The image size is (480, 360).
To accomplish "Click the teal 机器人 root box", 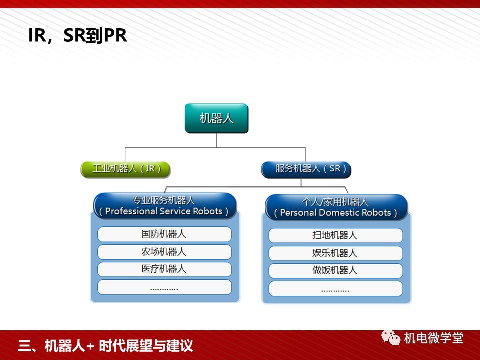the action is click(x=216, y=118).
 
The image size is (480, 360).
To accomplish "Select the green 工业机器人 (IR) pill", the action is click(x=126, y=169).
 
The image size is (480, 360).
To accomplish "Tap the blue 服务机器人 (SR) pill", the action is click(x=306, y=170).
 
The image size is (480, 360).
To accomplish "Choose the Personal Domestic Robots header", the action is click(x=336, y=207).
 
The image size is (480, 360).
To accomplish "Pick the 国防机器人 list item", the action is click(x=164, y=234).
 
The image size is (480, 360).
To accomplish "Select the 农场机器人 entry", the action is click(x=164, y=252).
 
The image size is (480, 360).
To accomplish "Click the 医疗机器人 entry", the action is click(x=164, y=269).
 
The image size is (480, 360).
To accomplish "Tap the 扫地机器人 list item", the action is click(x=336, y=235).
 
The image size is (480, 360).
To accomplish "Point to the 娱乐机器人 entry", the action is click(x=336, y=253).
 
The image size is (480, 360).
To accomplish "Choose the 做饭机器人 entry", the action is click(x=336, y=271).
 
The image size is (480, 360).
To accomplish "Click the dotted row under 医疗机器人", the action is click(x=164, y=287).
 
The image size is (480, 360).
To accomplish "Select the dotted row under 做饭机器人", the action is click(x=336, y=288).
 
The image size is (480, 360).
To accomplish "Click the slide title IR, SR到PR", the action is click(x=78, y=35).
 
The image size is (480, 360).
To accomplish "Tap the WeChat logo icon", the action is click(x=391, y=337).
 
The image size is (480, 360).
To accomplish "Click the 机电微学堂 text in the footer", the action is click(x=434, y=338).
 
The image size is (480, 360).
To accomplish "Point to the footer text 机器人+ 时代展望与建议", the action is click(x=119, y=346).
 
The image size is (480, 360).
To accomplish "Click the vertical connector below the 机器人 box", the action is click(x=216, y=140).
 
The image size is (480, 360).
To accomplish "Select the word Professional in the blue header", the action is click(x=131, y=211).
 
